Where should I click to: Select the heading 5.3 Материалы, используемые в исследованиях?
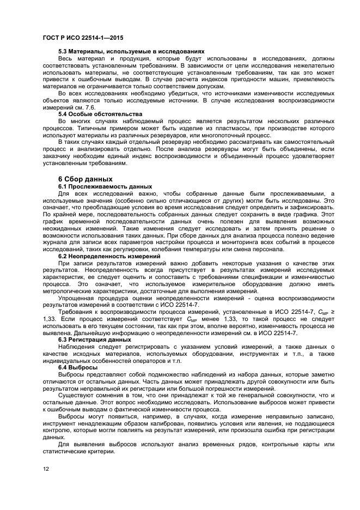click(x=131, y=51)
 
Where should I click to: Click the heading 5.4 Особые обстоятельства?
click(x=100, y=114)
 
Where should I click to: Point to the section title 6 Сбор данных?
click(x=86, y=179)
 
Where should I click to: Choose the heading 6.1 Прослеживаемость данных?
click(x=105, y=186)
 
